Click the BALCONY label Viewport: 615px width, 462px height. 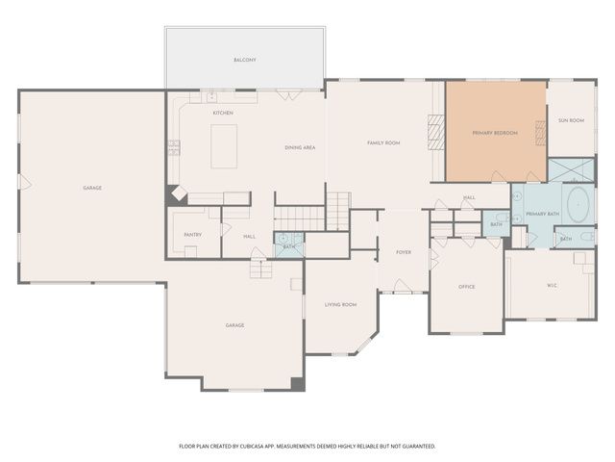[x=245, y=60]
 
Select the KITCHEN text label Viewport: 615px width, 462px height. [x=223, y=113]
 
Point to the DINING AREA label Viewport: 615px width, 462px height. [x=300, y=147]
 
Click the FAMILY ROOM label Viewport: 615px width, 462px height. [x=383, y=142]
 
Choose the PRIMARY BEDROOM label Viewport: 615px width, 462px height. [x=495, y=133]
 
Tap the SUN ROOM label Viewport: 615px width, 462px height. [x=571, y=121]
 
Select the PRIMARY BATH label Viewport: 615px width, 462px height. [x=542, y=214]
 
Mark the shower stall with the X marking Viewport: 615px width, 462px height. [x=571, y=170]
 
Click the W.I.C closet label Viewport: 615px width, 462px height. [x=552, y=285]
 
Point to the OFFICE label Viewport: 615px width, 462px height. [x=466, y=286]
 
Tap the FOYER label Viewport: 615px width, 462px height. [x=404, y=252]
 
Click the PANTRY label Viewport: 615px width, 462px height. [x=192, y=234]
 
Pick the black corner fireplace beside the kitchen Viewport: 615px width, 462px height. [x=177, y=193]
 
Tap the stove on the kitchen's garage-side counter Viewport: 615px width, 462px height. [x=174, y=147]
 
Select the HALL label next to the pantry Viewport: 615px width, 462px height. [x=249, y=236]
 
